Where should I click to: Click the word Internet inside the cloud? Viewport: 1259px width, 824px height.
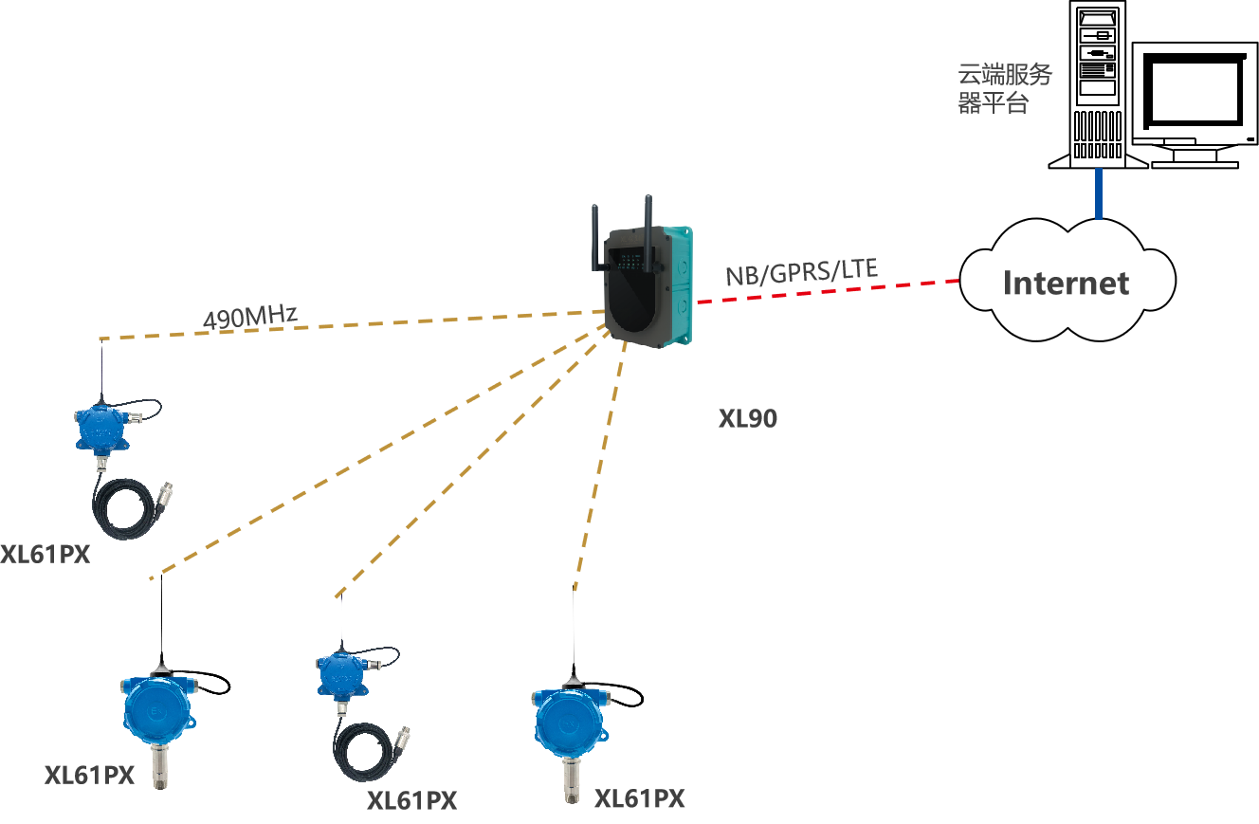click(1066, 284)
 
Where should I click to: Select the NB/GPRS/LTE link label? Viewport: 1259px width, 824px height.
click(801, 272)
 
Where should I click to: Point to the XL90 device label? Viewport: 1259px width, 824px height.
click(747, 418)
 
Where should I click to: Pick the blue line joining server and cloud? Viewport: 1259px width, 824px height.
click(1099, 194)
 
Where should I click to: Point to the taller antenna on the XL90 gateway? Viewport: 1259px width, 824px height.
click(649, 232)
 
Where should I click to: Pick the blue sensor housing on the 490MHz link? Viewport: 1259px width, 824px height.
click(100, 428)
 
